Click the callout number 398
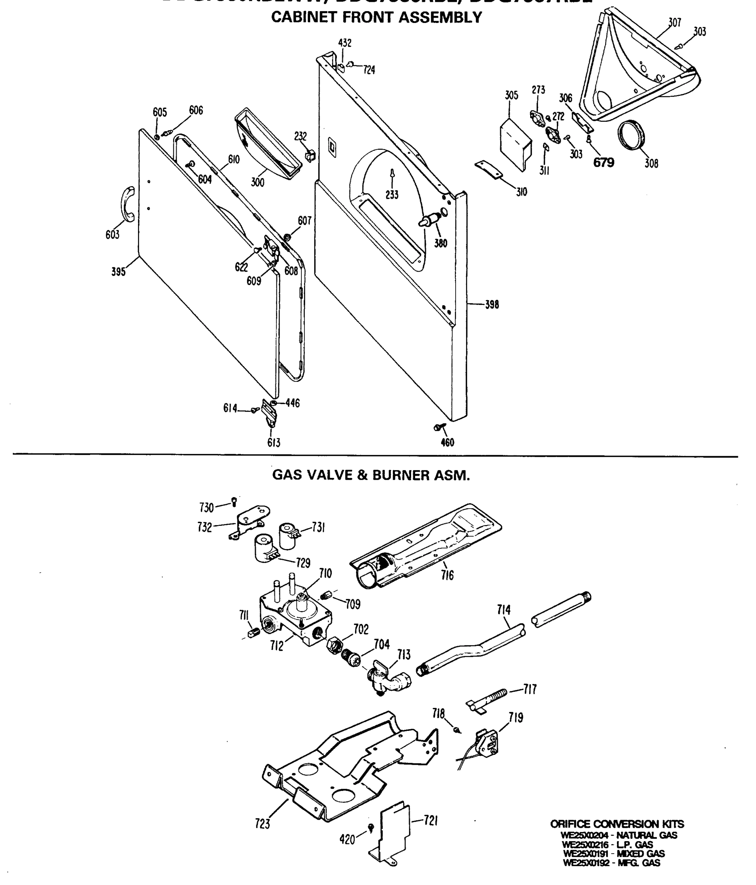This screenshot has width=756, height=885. click(491, 305)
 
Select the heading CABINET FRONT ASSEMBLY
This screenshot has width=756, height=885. click(376, 17)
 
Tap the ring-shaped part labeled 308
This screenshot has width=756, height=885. click(632, 136)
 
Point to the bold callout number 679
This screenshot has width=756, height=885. click(603, 163)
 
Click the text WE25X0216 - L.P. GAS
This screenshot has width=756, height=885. click(607, 844)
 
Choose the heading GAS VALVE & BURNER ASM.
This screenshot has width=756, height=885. click(371, 475)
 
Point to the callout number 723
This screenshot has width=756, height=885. click(262, 823)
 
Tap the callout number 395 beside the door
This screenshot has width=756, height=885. click(118, 272)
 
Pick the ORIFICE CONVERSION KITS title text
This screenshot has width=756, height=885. click(617, 824)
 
